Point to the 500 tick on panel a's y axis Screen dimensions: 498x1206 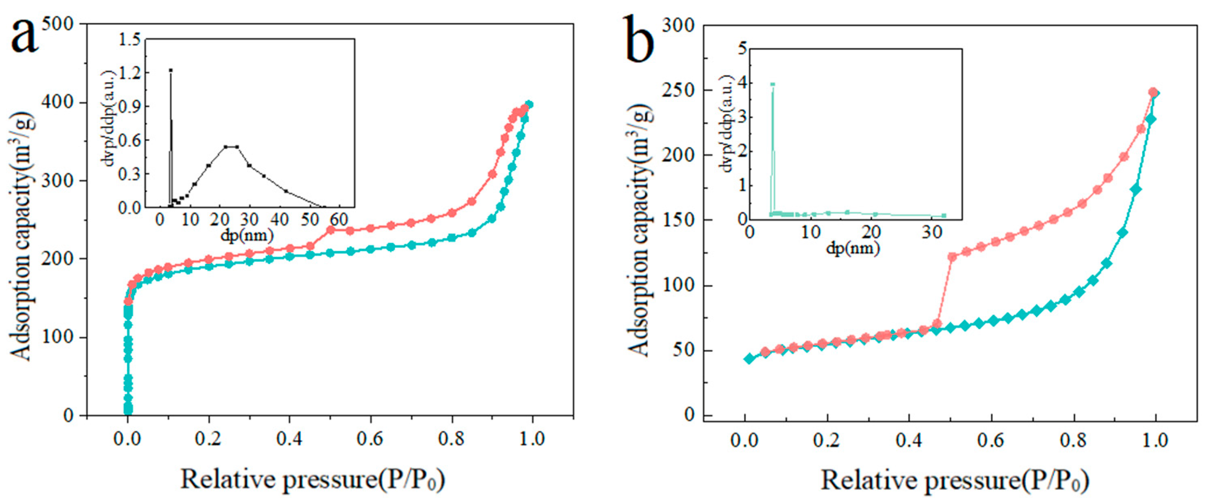click(58, 24)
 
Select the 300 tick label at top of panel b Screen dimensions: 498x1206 click(678, 25)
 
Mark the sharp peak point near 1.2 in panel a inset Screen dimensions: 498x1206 click(171, 71)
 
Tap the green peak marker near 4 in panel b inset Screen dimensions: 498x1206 click(772, 85)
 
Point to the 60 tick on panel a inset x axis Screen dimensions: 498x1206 click(339, 219)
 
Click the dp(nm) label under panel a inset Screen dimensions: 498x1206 click(247, 236)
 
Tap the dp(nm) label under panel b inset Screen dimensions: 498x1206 click(853, 248)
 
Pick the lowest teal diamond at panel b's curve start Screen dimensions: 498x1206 click(750, 358)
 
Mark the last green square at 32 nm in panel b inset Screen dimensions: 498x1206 click(944, 216)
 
